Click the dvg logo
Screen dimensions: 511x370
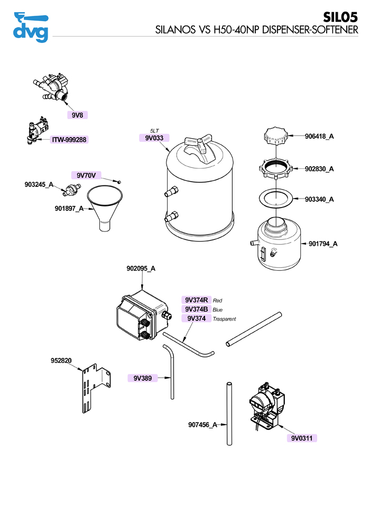(30, 28)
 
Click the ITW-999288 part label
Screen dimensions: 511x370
(69, 140)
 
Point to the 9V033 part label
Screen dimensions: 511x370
(154, 138)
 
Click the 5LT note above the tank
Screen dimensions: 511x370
(154, 130)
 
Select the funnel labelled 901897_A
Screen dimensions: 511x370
(106, 207)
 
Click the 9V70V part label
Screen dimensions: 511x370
(86, 175)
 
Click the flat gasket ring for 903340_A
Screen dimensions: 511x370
(275, 199)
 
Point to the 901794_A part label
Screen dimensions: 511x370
(323, 244)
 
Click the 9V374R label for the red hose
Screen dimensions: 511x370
(196, 300)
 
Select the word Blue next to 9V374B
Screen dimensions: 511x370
(218, 309)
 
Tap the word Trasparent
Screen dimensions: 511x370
(224, 319)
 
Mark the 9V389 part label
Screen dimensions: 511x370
(143, 378)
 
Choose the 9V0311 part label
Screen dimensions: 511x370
(302, 438)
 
